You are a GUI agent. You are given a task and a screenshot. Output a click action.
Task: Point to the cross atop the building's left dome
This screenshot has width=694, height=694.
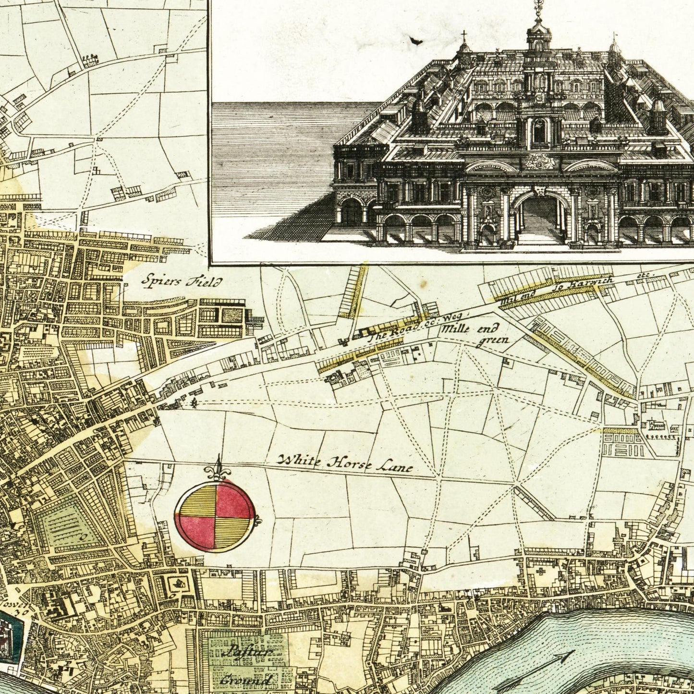[463, 36]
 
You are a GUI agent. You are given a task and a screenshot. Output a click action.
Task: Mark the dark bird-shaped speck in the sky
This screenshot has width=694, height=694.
[413, 42]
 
